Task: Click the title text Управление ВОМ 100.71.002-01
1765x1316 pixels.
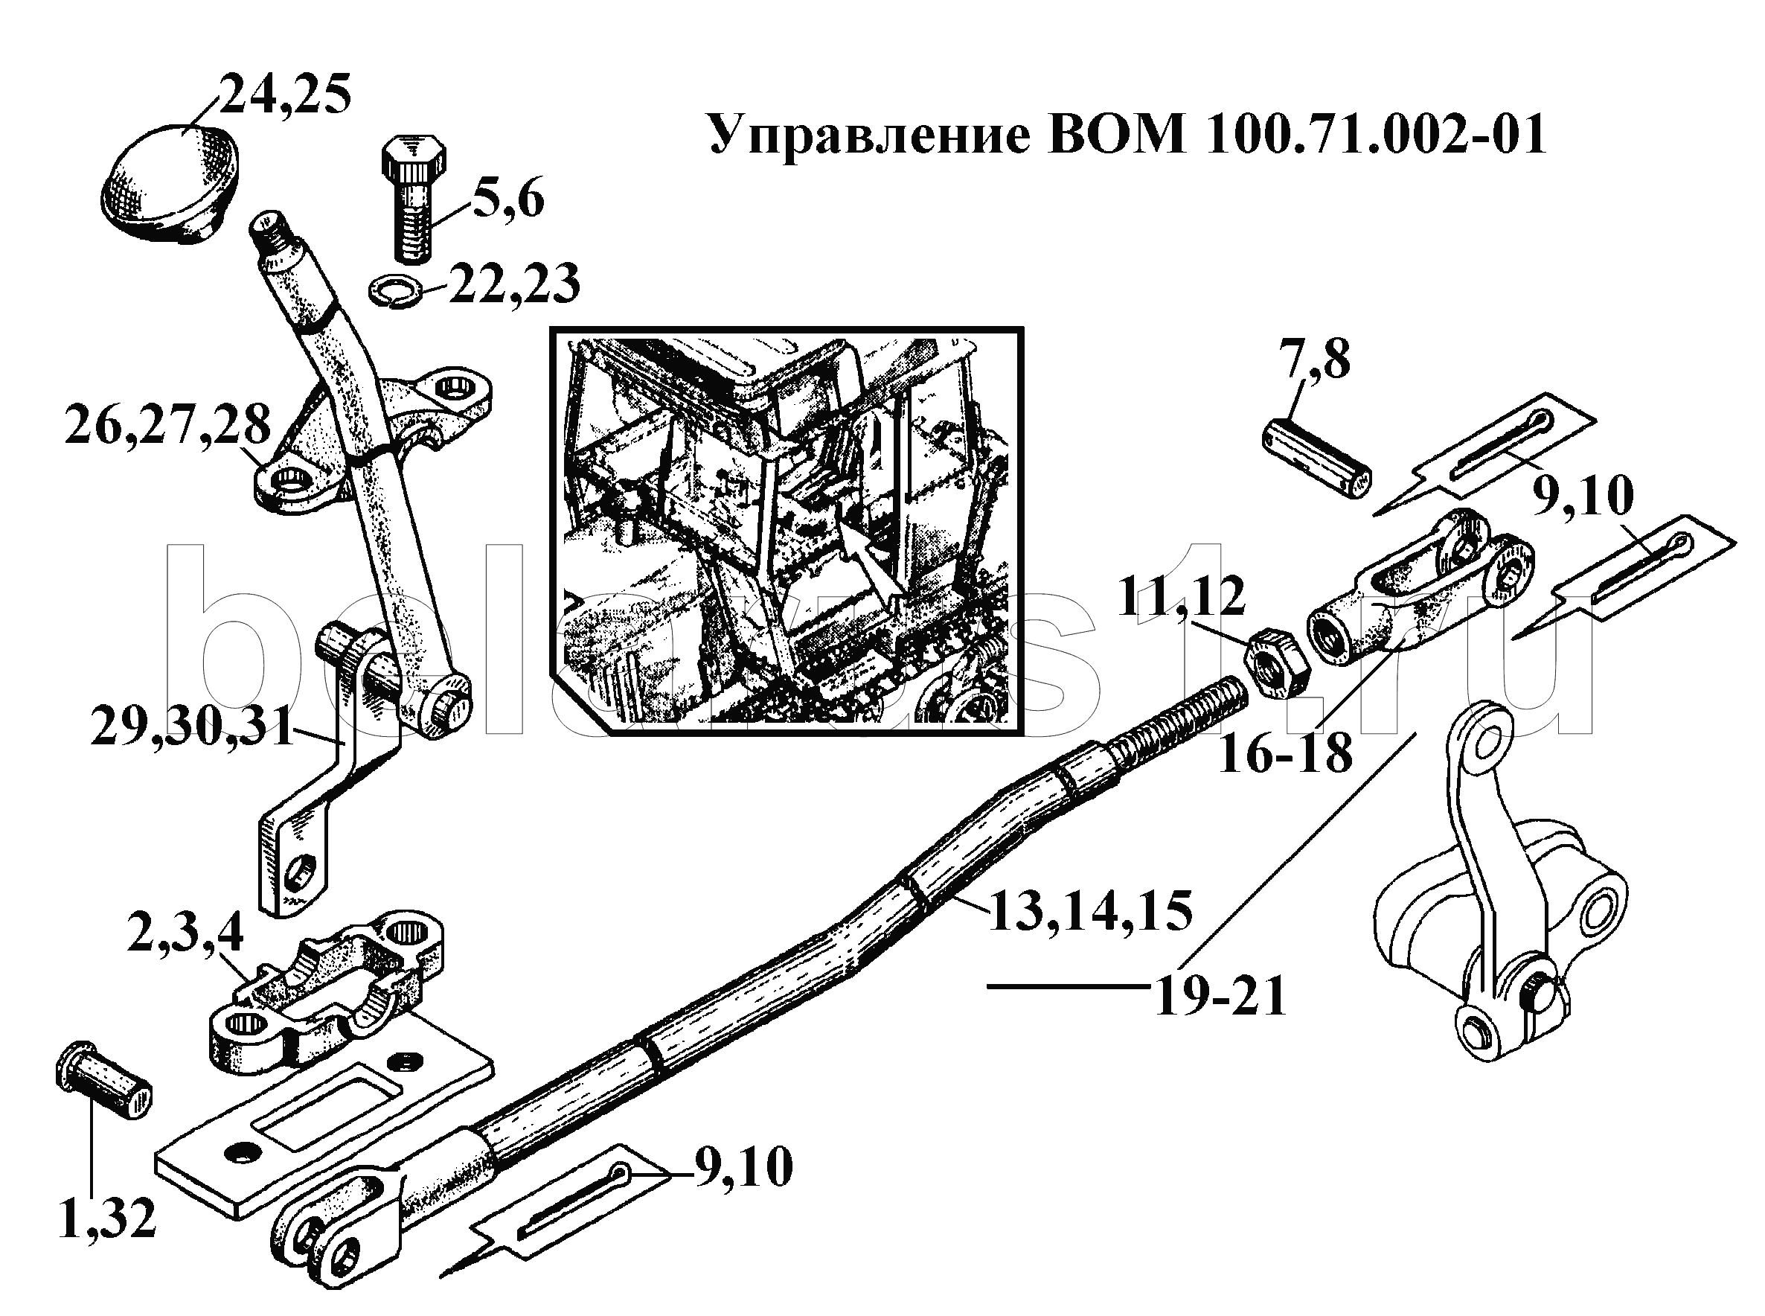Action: [x=1127, y=134]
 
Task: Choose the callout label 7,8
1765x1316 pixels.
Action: [x=1314, y=360]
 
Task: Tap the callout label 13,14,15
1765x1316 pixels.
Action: [x=1090, y=910]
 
